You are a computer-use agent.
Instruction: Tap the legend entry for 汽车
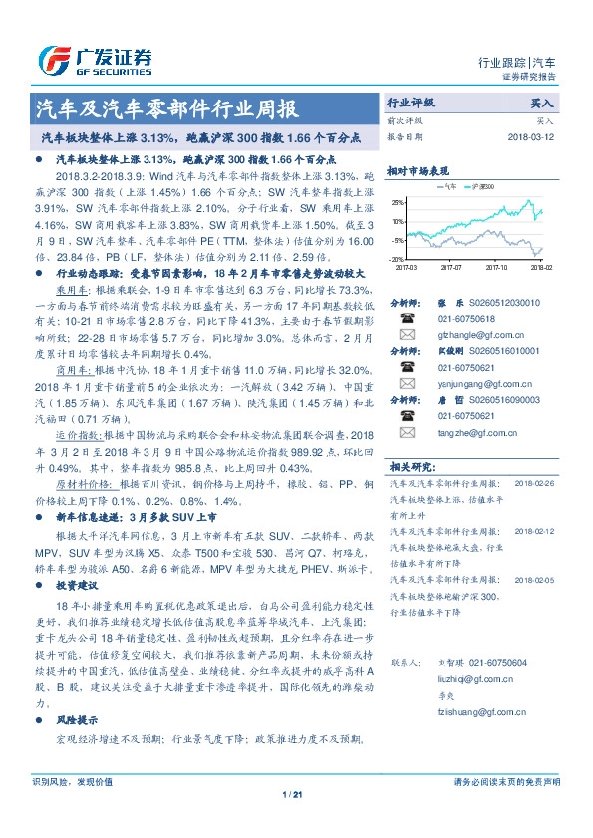point(450,186)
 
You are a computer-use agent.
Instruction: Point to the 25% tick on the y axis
point(398,202)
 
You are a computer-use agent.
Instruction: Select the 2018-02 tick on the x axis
point(540,267)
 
